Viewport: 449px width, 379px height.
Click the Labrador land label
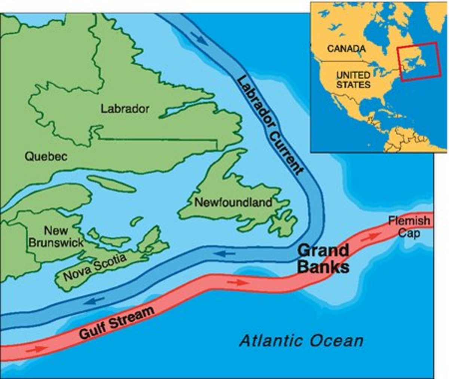pyautogui.click(x=125, y=109)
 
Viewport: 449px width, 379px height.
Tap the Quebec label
pyautogui.click(x=46, y=156)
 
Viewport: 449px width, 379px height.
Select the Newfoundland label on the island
pyautogui.click(x=233, y=203)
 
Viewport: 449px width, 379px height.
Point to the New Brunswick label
pyautogui.click(x=56, y=236)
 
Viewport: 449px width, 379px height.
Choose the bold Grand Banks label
pyautogui.click(x=324, y=259)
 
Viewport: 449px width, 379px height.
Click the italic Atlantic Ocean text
pyautogui.click(x=301, y=341)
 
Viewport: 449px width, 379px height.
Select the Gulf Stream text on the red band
pyautogui.click(x=117, y=323)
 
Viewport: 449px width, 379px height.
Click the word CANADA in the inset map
pyautogui.click(x=346, y=49)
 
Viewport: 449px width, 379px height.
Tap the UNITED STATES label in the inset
pyautogui.click(x=353, y=80)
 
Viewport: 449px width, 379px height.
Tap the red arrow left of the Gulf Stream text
pyautogui.click(x=37, y=349)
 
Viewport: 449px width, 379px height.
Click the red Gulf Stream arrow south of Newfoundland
pyautogui.click(x=238, y=282)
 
